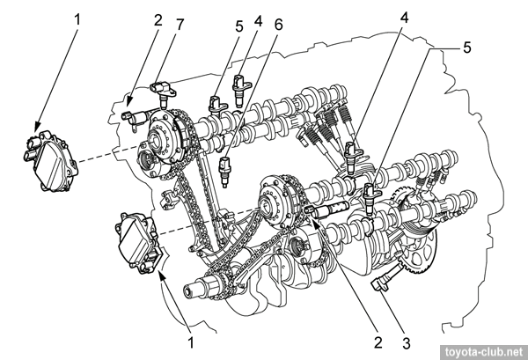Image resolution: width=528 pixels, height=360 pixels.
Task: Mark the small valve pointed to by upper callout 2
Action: [x=133, y=116]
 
